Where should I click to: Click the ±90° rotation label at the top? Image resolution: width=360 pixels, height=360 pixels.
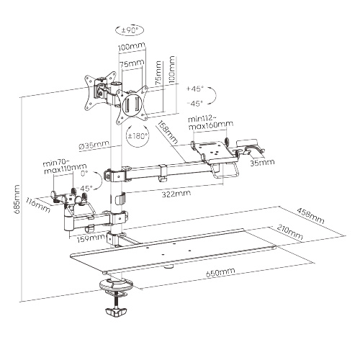coord(130,30)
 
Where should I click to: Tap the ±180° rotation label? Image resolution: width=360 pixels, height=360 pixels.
coord(138,136)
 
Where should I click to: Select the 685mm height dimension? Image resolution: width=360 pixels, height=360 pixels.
coord(17,199)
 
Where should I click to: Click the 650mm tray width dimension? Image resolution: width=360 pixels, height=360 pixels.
coord(220,272)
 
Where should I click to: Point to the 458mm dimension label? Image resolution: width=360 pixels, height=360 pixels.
coord(310,215)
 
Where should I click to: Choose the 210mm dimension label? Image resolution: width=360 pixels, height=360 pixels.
coord(290,232)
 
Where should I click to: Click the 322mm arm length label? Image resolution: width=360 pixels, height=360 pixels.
coord(176,194)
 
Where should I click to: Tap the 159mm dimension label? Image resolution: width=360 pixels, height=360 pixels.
coord(91,238)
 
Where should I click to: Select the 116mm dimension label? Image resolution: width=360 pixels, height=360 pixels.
coord(38,204)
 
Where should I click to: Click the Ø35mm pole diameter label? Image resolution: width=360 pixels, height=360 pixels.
coord(94,145)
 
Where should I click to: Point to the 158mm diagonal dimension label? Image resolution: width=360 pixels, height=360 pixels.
coord(168,132)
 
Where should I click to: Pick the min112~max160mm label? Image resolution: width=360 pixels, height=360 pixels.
coord(210,122)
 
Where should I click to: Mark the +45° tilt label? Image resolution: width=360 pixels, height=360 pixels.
coord(195,89)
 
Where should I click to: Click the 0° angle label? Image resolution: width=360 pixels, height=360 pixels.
coord(84,173)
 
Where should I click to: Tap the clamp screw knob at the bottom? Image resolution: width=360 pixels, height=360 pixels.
coord(115,312)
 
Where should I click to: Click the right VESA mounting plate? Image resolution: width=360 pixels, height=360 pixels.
coord(132,105)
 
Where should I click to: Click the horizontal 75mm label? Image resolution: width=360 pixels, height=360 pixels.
coord(132,64)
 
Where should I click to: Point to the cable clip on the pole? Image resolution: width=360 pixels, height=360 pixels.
coord(120,199)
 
